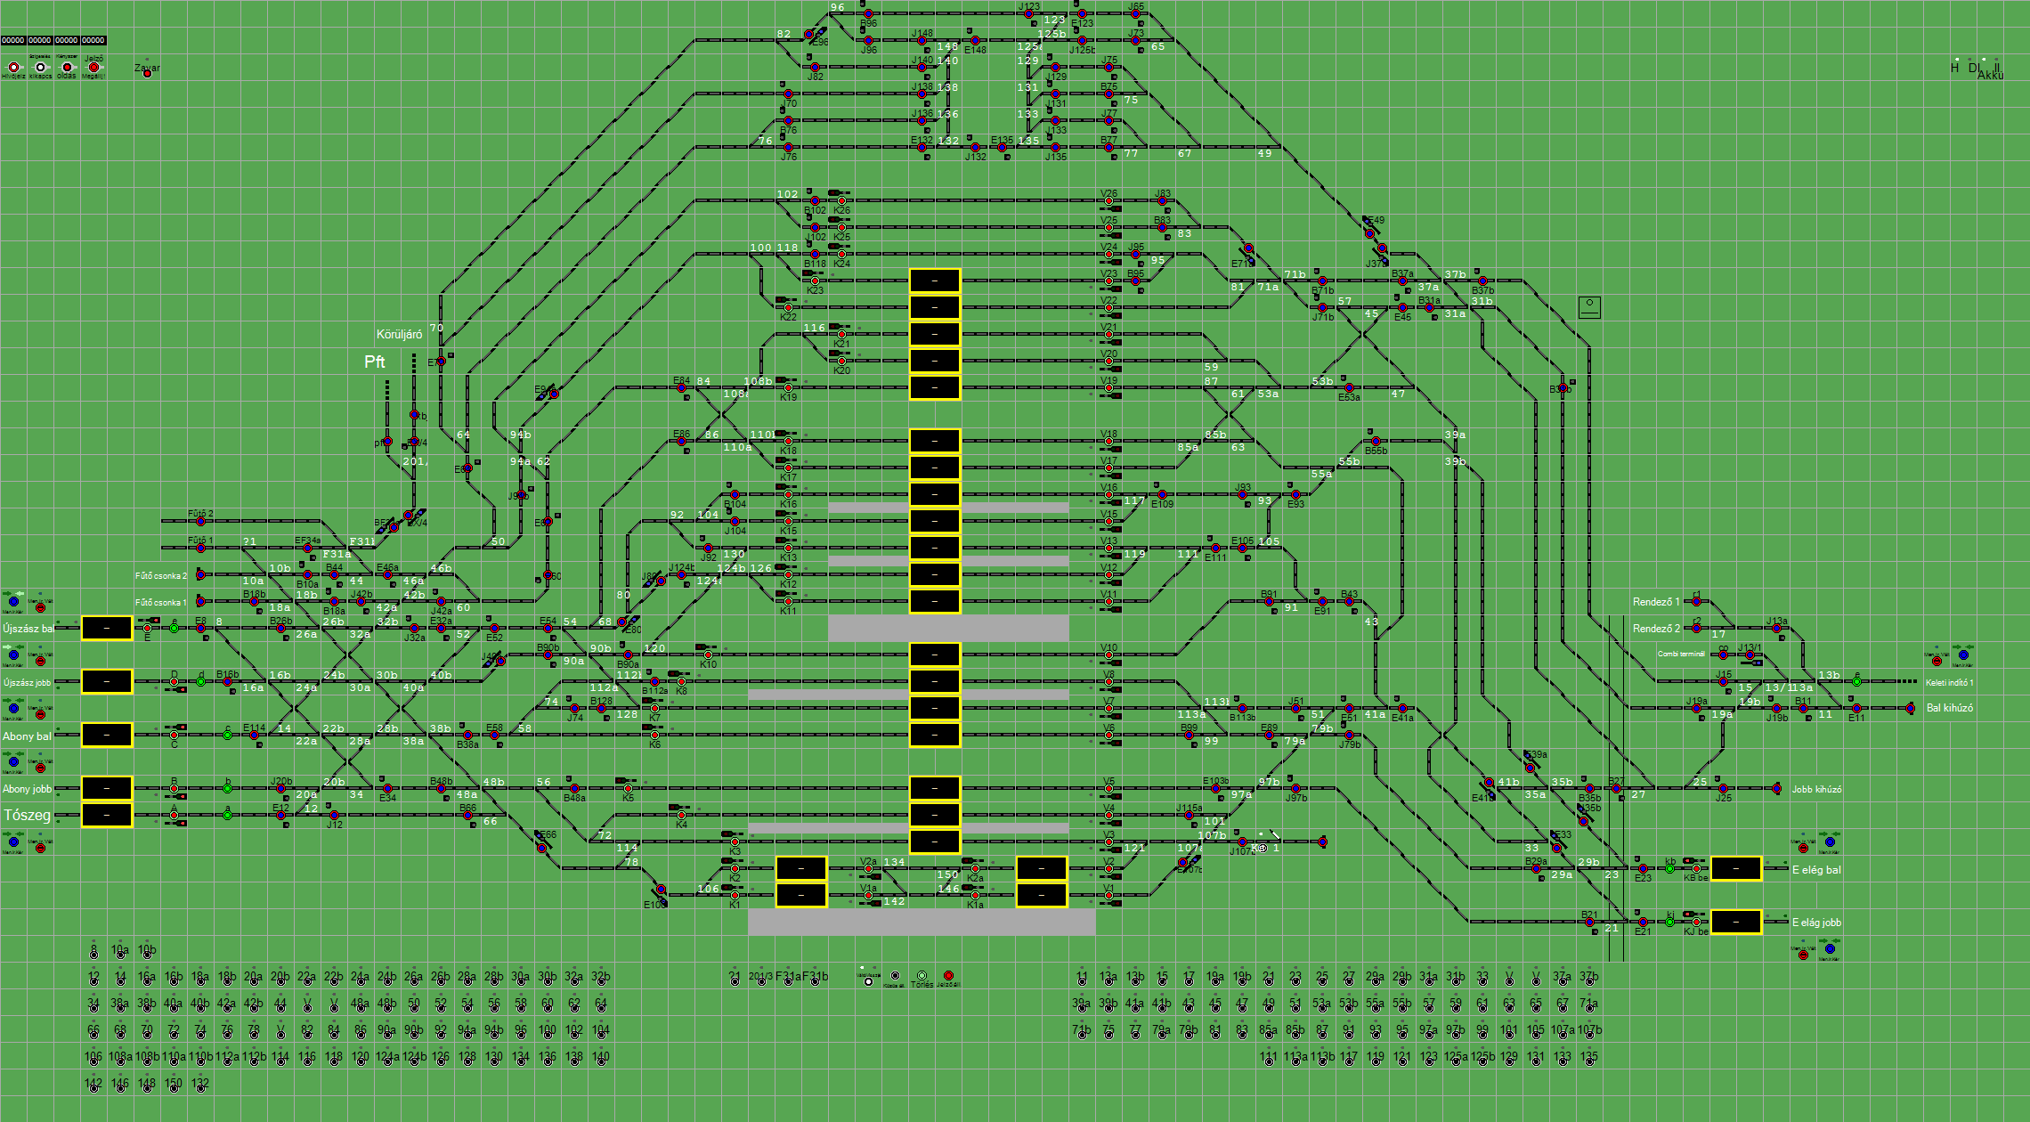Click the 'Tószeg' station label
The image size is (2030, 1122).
tap(27, 815)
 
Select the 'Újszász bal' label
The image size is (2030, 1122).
tap(28, 629)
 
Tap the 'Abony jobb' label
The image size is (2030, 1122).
tap(27, 789)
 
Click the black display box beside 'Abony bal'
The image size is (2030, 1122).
tap(107, 735)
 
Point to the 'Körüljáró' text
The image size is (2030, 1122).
tap(399, 335)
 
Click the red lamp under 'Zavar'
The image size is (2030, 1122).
tap(147, 73)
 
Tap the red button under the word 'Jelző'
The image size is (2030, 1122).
tap(93, 68)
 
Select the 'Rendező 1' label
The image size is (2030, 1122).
tap(1655, 602)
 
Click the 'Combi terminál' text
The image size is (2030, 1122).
tap(1681, 654)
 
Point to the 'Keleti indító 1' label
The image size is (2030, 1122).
tap(1949, 683)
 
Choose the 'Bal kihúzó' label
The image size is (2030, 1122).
tap(1949, 708)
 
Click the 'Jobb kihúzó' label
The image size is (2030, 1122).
tap(1816, 789)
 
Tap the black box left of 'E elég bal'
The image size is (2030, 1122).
tap(1735, 868)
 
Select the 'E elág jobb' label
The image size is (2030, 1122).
tap(1816, 923)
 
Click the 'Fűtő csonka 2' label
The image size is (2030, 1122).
tap(161, 576)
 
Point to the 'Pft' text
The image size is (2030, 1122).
tap(375, 362)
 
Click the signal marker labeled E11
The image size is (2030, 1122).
tap(1856, 708)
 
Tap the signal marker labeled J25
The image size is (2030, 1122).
tap(1723, 789)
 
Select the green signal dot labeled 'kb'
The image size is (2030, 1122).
tap(1669, 868)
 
